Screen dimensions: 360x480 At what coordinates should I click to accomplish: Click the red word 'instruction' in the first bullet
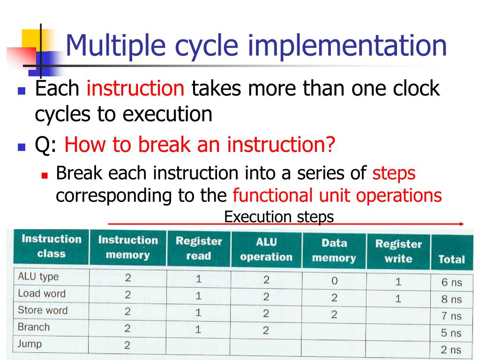pos(135,88)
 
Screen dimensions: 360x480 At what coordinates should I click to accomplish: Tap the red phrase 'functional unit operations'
pos(337,195)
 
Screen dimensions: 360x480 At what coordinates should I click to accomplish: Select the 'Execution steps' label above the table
pos(279,217)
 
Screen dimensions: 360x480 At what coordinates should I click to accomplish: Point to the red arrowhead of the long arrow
pos(461,224)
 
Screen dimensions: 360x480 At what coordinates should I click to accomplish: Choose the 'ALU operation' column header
pos(266,250)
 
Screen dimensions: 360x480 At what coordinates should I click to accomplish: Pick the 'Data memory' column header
pos(334,250)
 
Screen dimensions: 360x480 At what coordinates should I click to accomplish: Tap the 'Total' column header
pos(451,259)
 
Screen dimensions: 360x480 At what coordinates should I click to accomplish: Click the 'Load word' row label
pos(41,293)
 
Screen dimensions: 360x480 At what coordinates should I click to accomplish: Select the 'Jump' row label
pos(30,344)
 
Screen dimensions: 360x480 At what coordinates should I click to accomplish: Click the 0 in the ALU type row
pos(334,281)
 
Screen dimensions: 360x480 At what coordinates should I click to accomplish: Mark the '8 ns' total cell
pos(451,299)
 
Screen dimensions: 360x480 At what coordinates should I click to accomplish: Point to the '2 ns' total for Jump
pos(451,350)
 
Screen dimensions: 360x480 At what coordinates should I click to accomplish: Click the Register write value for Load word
pos(398,299)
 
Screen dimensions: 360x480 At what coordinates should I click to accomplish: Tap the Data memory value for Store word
pos(334,315)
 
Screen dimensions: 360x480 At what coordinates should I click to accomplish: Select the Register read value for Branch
pos(198,330)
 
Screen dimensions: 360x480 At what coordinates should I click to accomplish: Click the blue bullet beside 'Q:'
pos(21,147)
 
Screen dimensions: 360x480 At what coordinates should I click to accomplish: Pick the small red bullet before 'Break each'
pos(45,175)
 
